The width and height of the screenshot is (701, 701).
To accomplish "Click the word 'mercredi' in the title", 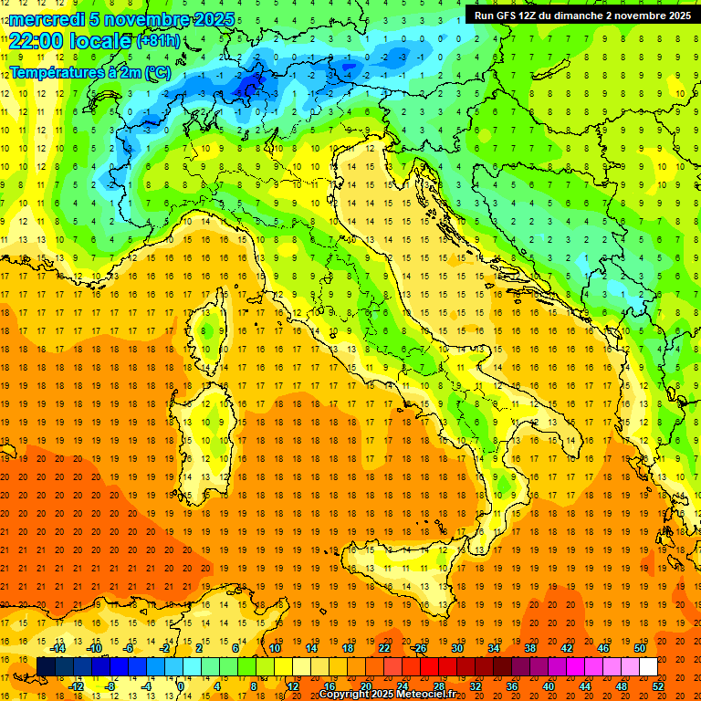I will tap(42, 19).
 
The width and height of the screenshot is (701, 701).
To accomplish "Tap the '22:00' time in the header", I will tap(34, 40).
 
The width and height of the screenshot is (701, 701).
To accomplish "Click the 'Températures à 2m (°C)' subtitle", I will tap(89, 71).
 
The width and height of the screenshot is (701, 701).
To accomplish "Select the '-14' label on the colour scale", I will tap(58, 648).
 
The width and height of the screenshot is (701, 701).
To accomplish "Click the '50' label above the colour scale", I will tap(640, 648).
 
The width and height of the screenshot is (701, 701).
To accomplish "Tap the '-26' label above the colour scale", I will tap(419, 648).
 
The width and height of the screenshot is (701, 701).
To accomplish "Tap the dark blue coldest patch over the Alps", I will tap(248, 87).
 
